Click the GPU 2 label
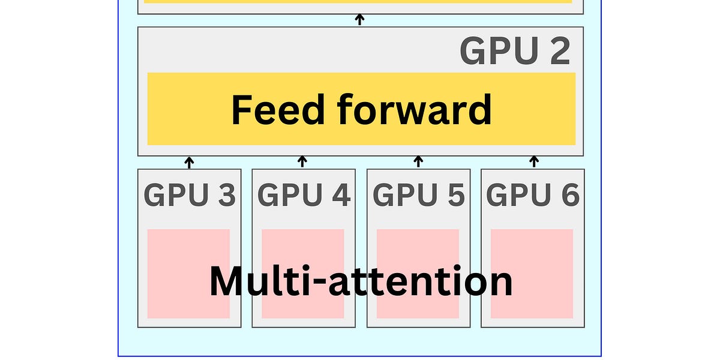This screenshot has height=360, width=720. point(515,52)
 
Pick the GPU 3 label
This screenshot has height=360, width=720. point(190,195)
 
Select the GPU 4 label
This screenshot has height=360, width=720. point(304,195)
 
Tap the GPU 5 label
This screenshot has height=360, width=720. point(419,195)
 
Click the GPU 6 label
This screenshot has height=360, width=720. point(533,195)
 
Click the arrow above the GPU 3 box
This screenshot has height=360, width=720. point(190,162)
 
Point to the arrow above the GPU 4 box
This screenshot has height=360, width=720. point(303,162)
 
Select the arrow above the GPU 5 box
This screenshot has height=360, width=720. point(419,162)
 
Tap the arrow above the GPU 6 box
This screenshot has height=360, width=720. point(534,162)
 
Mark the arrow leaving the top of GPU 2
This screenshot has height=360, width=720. point(360,20)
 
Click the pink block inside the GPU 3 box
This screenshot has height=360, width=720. point(188,246)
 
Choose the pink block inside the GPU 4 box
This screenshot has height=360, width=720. point(303,246)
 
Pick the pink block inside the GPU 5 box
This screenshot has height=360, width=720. point(418,246)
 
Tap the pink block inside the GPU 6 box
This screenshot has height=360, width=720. point(532,246)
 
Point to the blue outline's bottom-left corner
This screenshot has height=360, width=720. point(118,356)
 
